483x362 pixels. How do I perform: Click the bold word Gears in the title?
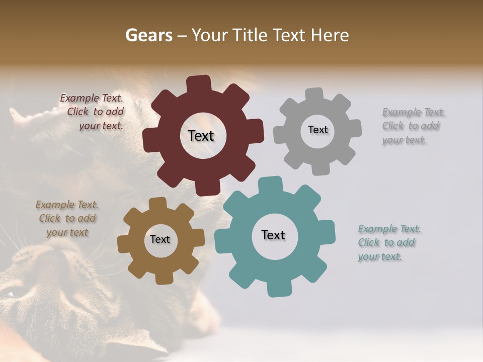pyautogui.click(x=148, y=35)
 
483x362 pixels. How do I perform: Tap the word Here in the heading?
pyautogui.click(x=330, y=35)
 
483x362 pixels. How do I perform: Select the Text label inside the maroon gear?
pyautogui.click(x=201, y=136)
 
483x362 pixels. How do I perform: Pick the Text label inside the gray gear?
pyautogui.click(x=317, y=130)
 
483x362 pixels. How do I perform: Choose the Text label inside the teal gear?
pyautogui.click(x=273, y=235)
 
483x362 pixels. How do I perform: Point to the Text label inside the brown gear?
pyautogui.click(x=160, y=240)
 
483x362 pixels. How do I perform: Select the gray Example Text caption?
pyautogui.click(x=413, y=126)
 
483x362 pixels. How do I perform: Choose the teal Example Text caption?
pyautogui.click(x=388, y=243)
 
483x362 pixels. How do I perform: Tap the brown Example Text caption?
pyautogui.click(x=67, y=219)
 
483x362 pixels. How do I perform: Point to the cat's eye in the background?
pyautogui.click(x=11, y=292)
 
